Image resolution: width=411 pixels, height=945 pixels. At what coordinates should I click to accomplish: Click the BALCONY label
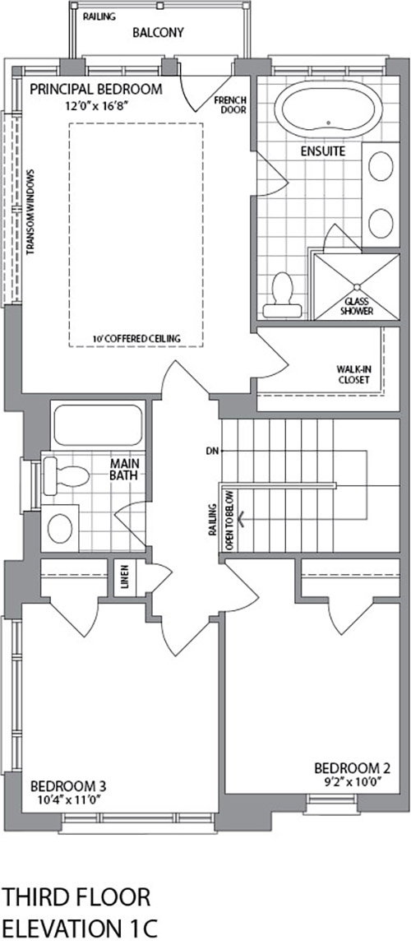point(158,33)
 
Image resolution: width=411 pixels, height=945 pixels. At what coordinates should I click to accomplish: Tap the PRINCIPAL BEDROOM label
point(96,89)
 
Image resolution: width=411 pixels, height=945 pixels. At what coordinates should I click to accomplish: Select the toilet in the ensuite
point(282,295)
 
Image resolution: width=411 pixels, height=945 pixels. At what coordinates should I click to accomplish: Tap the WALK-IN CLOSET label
point(353,374)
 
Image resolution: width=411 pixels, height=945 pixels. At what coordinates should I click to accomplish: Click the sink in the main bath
point(60,529)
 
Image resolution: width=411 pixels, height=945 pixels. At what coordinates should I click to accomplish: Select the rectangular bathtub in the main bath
point(98,425)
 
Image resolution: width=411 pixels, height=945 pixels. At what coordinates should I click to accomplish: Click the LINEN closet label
point(125,578)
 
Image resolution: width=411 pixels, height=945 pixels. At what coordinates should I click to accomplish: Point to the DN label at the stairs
point(210,450)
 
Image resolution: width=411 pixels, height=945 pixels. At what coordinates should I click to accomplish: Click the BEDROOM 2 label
point(353,768)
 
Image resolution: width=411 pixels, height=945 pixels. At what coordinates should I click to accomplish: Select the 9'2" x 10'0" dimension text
point(353,781)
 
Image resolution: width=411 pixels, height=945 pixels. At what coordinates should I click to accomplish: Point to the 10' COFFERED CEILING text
point(136,339)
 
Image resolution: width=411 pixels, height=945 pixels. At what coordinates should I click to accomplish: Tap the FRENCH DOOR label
point(234,105)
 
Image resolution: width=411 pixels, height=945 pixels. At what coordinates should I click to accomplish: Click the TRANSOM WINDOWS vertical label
point(30,211)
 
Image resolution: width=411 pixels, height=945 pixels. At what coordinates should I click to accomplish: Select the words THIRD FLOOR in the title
point(76,896)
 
